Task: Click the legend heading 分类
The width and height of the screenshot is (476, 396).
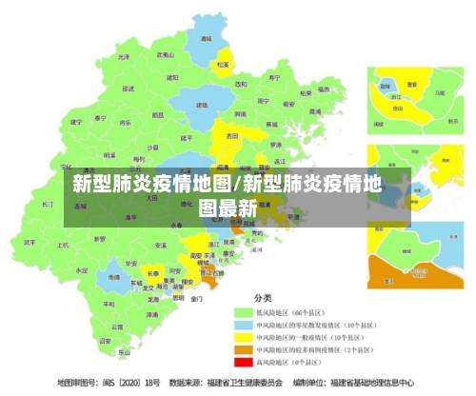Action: tap(262, 297)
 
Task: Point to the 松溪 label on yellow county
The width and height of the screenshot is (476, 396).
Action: tap(223, 65)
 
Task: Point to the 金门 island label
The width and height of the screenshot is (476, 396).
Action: tap(196, 298)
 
